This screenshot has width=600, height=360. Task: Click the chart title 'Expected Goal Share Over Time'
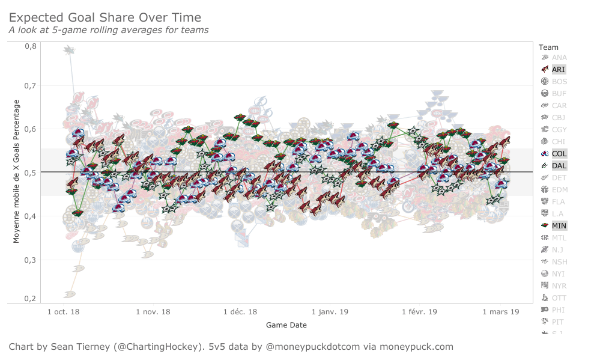tap(105, 18)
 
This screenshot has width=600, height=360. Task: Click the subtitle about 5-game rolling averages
tap(108, 30)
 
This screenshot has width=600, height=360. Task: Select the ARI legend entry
tap(558, 70)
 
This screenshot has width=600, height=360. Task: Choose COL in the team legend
tap(559, 154)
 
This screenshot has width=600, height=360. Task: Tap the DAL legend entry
tap(559, 166)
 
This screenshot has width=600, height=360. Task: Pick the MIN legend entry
tap(559, 226)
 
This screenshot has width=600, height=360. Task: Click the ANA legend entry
tap(559, 58)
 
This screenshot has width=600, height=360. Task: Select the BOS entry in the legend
tap(559, 82)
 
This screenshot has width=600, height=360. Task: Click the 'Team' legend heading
tap(548, 47)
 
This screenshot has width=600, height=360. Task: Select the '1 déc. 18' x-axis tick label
tap(240, 312)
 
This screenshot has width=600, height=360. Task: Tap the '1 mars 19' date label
tap(500, 312)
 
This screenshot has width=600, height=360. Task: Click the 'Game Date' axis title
tap(286, 325)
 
